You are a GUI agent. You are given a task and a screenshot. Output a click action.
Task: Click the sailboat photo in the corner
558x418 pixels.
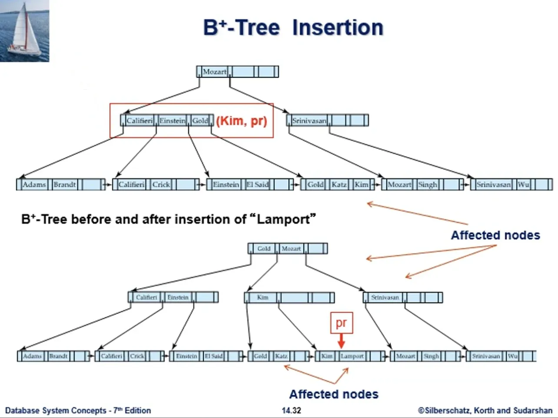click(25, 31)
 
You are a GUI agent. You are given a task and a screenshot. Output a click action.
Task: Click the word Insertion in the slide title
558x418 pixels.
click(338, 27)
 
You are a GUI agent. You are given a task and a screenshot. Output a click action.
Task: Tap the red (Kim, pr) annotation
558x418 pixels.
click(242, 121)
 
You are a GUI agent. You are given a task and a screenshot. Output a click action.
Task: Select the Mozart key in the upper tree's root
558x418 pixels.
click(215, 72)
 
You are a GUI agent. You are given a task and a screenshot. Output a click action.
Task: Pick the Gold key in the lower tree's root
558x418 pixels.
click(264, 249)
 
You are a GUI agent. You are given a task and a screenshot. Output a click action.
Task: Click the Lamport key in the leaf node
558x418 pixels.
click(352, 356)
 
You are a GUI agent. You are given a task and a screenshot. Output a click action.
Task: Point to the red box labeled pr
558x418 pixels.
click(342, 323)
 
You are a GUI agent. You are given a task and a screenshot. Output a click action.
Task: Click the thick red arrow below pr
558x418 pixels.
click(342, 341)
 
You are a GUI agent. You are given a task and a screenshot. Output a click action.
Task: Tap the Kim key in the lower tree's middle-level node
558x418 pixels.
click(262, 297)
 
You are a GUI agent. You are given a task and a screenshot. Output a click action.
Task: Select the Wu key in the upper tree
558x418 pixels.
click(523, 184)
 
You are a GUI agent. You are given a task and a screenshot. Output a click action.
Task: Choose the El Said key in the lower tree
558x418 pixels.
click(213, 356)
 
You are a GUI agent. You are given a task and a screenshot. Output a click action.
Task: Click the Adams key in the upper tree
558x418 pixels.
click(34, 184)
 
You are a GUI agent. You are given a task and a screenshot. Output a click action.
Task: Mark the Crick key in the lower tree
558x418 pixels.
click(137, 356)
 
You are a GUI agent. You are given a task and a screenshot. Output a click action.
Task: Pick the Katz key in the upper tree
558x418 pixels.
click(339, 184)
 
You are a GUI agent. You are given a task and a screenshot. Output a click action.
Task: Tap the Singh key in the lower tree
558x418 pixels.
click(431, 356)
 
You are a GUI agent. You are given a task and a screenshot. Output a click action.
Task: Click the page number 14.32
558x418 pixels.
click(291, 410)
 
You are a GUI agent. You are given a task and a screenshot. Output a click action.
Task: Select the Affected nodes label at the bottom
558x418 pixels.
click(334, 394)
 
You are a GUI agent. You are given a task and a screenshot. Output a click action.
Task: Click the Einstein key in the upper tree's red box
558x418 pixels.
click(173, 121)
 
